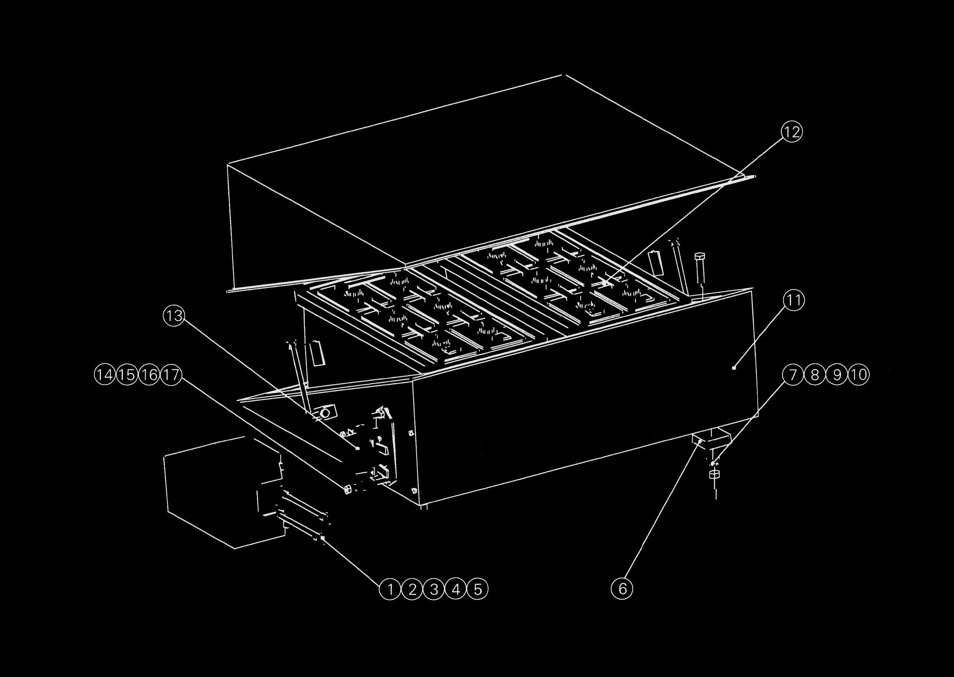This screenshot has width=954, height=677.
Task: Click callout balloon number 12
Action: (791, 132)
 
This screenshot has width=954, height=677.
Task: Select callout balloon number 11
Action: (794, 301)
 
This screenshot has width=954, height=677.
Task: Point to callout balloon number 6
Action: (622, 589)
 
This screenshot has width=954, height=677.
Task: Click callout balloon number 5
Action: (478, 589)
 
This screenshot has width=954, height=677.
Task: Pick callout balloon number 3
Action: (434, 589)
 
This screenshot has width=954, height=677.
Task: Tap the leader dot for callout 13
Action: (357, 448)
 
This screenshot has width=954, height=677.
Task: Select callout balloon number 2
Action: (412, 589)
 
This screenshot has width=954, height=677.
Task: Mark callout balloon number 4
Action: (456, 589)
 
